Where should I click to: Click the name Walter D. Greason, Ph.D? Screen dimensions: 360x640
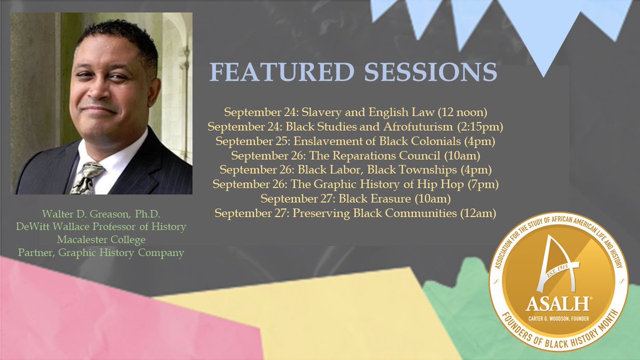tap(101, 215)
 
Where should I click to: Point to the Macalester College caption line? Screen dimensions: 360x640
tap(101, 240)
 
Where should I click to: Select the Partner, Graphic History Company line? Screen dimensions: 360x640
tap(101, 253)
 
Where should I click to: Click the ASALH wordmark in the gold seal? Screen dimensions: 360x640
tap(557, 303)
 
